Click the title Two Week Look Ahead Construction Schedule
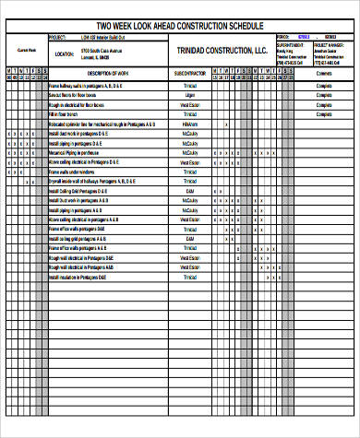tap(179, 25)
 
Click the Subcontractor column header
tap(190, 72)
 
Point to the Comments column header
tap(324, 72)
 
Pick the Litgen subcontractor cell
tap(190, 95)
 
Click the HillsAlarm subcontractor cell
tap(190, 124)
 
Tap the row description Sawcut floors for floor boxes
tap(78, 95)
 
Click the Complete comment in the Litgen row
tap(324, 95)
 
